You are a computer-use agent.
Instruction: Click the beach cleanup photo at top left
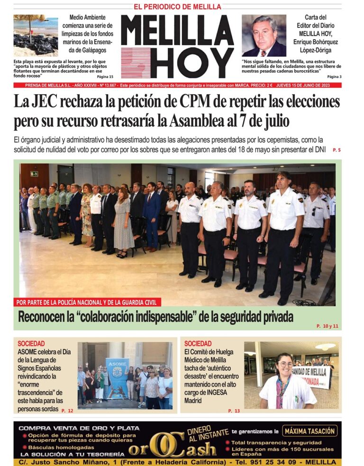click(36, 36)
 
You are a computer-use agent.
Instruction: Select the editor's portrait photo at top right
click(264, 36)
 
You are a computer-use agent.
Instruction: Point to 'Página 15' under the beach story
click(105, 76)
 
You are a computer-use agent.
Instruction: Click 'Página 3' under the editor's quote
click(334, 76)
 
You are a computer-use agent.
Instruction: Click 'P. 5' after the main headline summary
click(337, 150)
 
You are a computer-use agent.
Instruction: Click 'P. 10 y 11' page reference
click(327, 326)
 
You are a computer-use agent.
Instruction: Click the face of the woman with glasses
click(286, 365)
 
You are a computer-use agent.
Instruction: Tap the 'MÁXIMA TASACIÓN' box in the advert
click(310, 431)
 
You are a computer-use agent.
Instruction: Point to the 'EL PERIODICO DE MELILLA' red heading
click(177, 7)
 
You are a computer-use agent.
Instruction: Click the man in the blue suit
click(152, 215)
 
